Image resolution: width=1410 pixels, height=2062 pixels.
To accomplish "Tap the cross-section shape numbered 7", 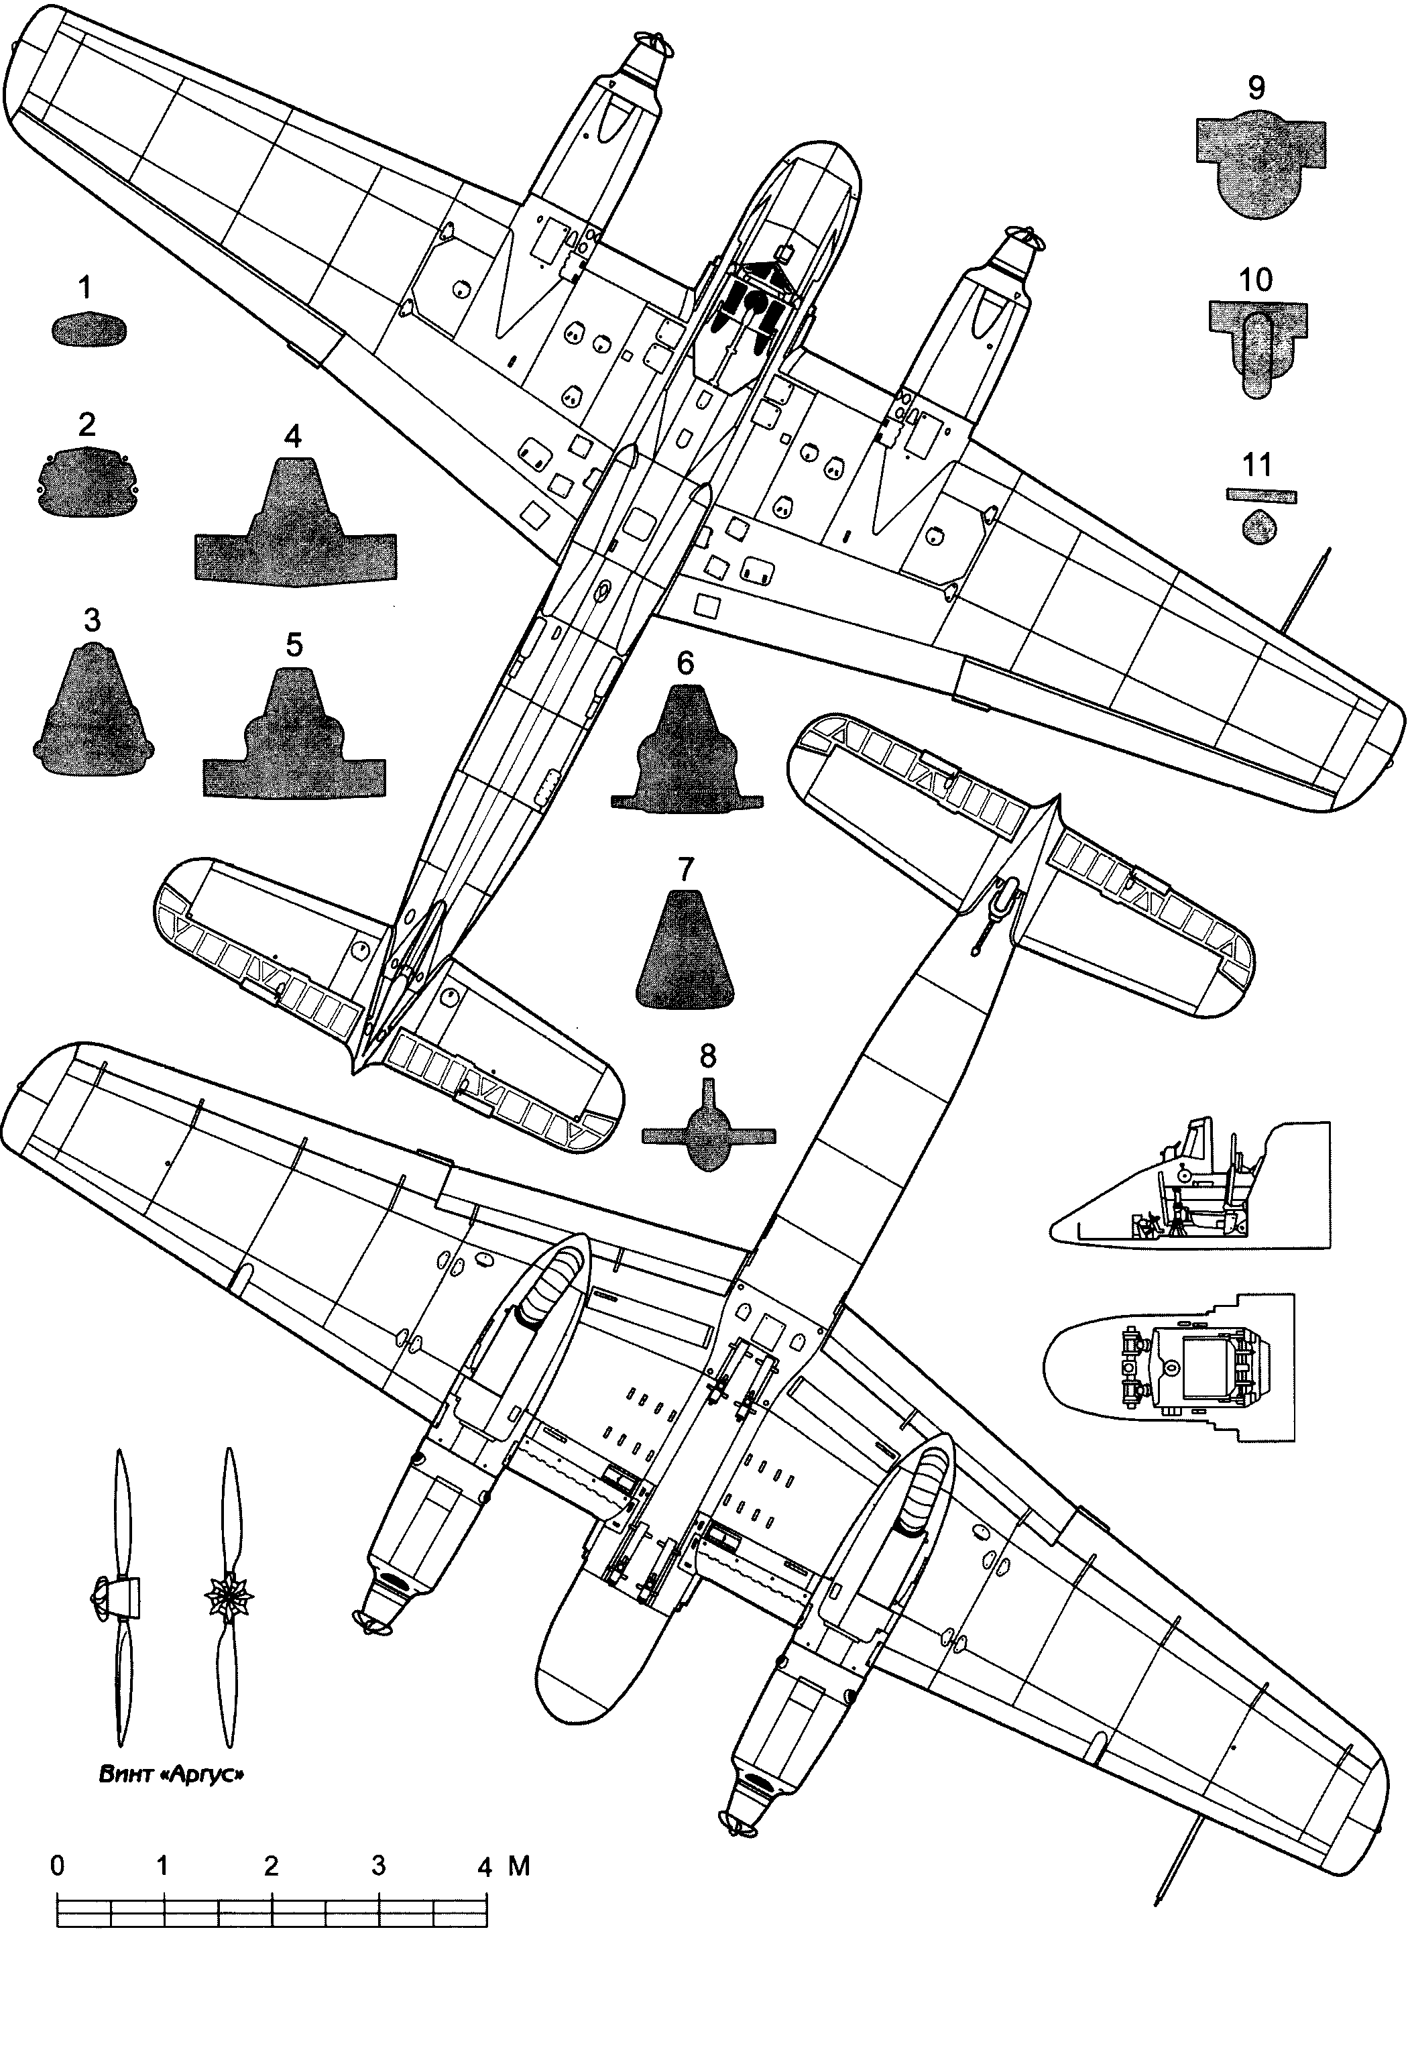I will pos(685,954).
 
